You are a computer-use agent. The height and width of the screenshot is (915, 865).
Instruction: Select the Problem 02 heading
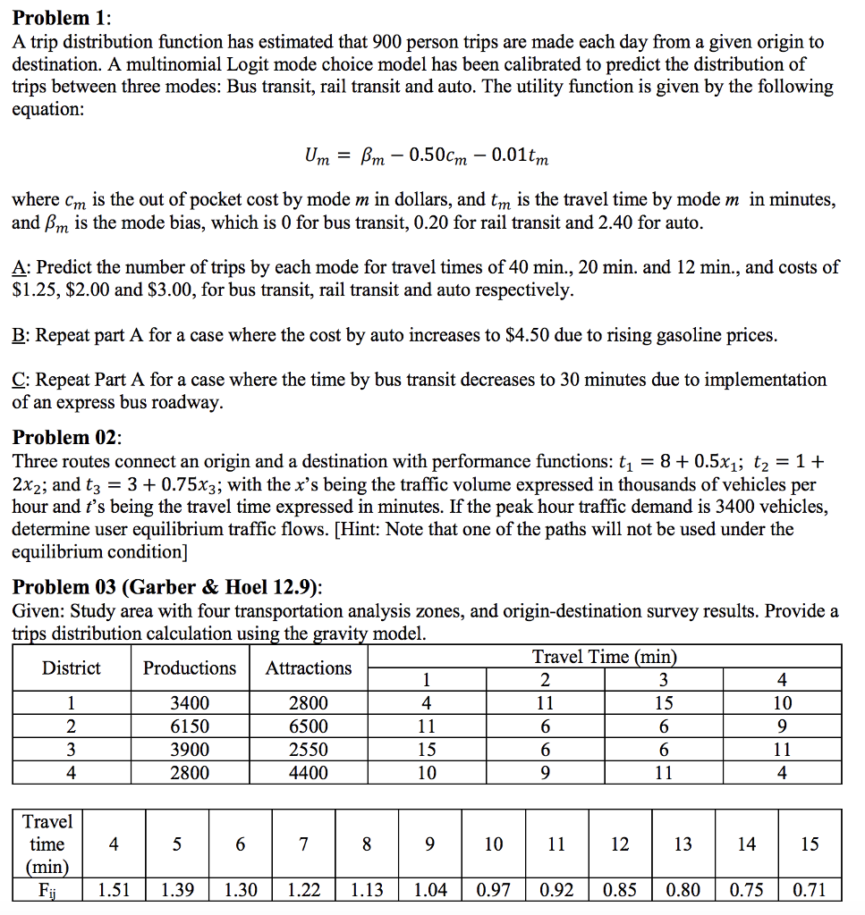pyautogui.click(x=66, y=438)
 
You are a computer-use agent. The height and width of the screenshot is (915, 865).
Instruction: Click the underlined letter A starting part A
pyautogui.click(x=18, y=267)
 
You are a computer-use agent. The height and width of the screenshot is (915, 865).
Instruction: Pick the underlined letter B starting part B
pyautogui.click(x=18, y=336)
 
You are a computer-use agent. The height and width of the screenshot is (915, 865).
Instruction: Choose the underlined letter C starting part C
pyautogui.click(x=18, y=380)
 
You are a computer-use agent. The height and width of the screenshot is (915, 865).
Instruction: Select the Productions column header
pyautogui.click(x=190, y=668)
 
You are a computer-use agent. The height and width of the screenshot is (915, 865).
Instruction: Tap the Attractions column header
pyautogui.click(x=309, y=668)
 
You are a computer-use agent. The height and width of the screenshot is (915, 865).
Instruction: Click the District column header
pyautogui.click(x=71, y=668)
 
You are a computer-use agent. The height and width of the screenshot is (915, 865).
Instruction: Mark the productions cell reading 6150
pyautogui.click(x=190, y=726)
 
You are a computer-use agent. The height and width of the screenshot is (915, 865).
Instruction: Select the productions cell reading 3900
pyautogui.click(x=190, y=750)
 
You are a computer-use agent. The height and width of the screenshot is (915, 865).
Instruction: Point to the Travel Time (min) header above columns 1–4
pyautogui.click(x=604, y=658)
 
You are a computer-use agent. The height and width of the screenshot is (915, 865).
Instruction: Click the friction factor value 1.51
pyautogui.click(x=113, y=890)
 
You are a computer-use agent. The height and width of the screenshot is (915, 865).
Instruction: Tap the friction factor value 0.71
pyautogui.click(x=810, y=890)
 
